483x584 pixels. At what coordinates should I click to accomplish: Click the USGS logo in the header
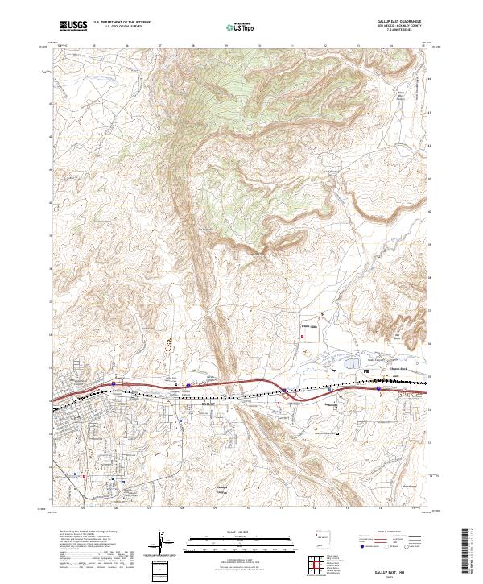tap(73, 26)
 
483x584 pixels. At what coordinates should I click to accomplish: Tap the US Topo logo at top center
tap(241, 27)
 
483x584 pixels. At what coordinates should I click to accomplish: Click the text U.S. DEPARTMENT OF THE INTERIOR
tap(121, 23)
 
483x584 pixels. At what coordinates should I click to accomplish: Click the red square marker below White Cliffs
tap(302, 338)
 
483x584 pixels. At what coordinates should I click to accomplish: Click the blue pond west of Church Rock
tap(353, 365)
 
